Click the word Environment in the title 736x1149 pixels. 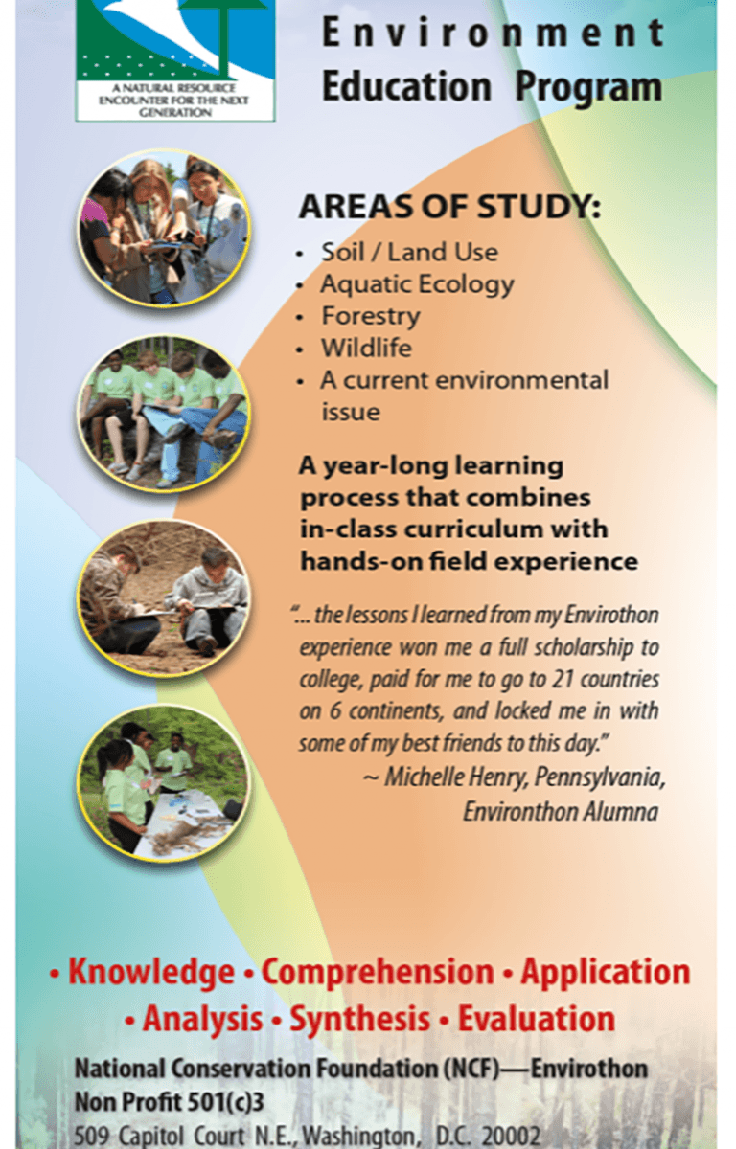click(493, 33)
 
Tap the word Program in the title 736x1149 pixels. click(588, 88)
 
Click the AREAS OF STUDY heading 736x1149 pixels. click(449, 207)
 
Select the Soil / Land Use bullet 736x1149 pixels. click(409, 253)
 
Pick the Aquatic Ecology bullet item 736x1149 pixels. click(417, 284)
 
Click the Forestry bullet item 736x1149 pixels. click(371, 317)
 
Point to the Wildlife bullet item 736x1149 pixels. click(366, 348)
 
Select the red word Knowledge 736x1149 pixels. click(150, 972)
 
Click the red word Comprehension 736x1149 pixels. click(378, 972)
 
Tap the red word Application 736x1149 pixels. click(605, 972)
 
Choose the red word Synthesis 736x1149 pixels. click(359, 1019)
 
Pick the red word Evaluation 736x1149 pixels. click(537, 1019)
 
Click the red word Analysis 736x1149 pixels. click(203, 1019)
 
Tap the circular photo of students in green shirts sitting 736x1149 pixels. click(164, 414)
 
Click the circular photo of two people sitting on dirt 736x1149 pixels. click(164, 598)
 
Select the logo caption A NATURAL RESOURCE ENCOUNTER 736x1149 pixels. click(174, 101)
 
